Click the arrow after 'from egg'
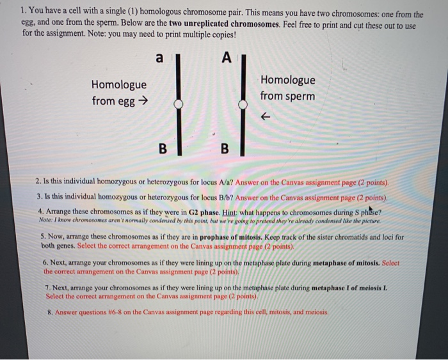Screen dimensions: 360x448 pyautogui.click(x=143, y=101)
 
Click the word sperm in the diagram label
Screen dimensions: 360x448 pyautogui.click(x=301, y=96)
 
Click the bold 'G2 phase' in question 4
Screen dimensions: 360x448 pyautogui.click(x=202, y=211)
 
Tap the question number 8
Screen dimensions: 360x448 pyautogui.click(x=49, y=313)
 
